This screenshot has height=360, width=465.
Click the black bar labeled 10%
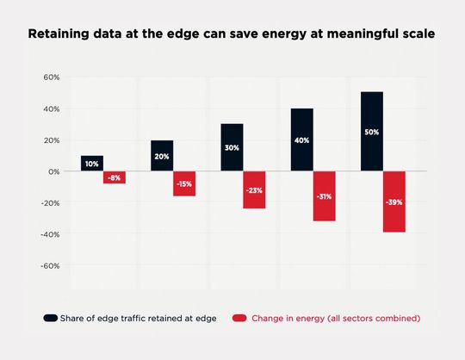tap(92, 163)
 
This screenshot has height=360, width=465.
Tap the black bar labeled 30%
tap(232, 147)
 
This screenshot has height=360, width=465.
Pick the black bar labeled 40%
tap(301, 140)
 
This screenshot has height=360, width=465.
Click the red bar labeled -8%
tap(115, 177)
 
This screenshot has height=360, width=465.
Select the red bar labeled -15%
tap(184, 183)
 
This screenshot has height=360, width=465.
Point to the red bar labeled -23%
tap(254, 189)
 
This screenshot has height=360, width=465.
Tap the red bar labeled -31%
tap(324, 196)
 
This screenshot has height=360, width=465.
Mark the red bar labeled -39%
tap(394, 202)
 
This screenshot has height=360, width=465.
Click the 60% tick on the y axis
tap(52, 78)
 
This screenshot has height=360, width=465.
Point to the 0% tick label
tap(53, 171)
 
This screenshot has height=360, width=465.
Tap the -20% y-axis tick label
tap(51, 202)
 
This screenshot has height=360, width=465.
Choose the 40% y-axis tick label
tap(52, 109)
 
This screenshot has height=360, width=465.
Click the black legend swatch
tap(51, 318)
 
